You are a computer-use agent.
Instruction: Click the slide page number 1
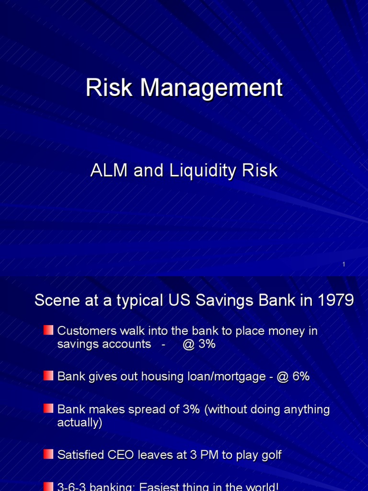coord(344,264)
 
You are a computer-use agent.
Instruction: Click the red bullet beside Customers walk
coord(48,330)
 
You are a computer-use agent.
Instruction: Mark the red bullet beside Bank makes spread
coord(48,409)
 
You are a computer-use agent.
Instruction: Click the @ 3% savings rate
coord(199,344)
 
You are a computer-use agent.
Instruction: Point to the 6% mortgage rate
coord(301,377)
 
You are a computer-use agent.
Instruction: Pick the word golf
coord(271,455)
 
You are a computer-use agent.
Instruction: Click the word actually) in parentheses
coord(80,423)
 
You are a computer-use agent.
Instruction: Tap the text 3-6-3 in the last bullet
coord(70,487)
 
